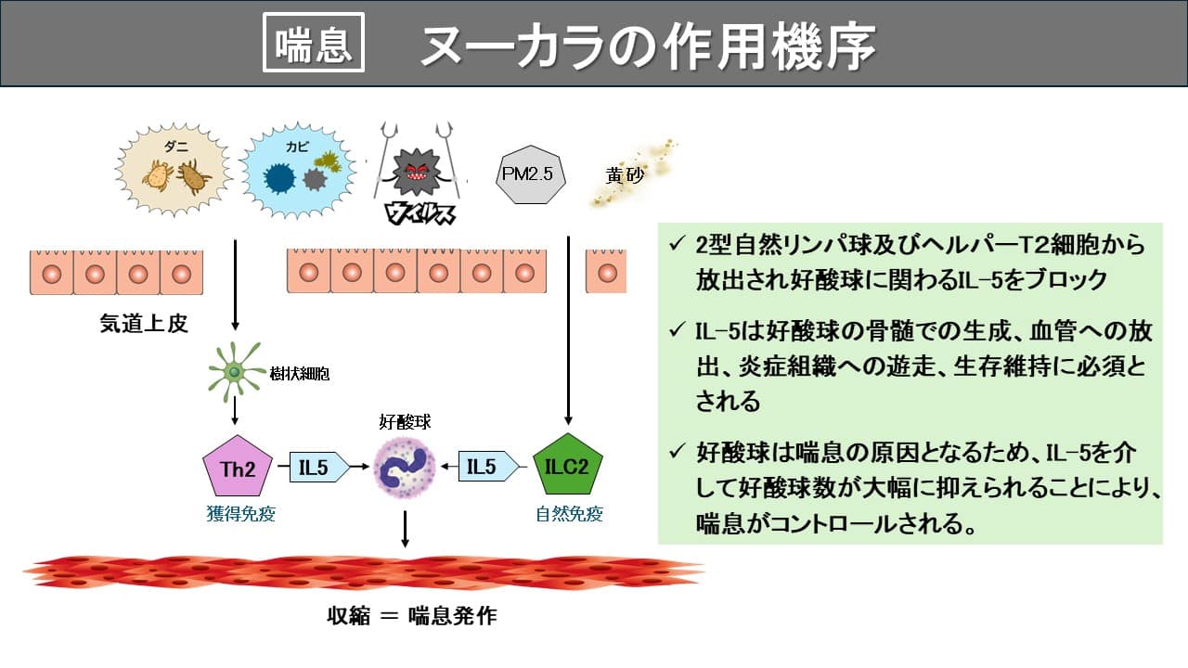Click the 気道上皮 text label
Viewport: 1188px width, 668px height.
click(x=144, y=323)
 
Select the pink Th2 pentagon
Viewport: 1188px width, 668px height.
click(x=238, y=468)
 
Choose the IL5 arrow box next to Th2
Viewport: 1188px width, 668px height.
click(x=316, y=468)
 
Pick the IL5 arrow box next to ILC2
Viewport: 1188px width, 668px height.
click(x=485, y=467)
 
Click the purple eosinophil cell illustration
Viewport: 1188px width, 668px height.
click(x=406, y=469)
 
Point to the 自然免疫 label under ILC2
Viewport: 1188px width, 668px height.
click(x=569, y=514)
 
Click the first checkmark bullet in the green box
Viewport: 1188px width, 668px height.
click(x=676, y=245)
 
